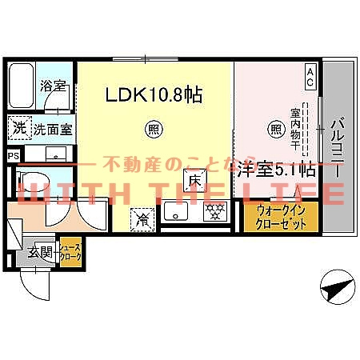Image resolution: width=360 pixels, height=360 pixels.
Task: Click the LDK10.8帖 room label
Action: click(154, 95)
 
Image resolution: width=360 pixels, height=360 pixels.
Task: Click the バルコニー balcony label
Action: click(336, 149)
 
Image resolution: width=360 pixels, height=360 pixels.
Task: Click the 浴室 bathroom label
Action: click(54, 85)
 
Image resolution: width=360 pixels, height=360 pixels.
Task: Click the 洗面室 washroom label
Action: click(51, 126)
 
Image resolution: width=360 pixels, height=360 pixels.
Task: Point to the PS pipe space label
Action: click(12, 156)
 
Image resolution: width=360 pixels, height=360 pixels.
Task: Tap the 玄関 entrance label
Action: click(40, 254)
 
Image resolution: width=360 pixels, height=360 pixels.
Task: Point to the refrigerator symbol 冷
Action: click(142, 216)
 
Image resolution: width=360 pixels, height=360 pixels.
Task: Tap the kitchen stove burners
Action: click(213, 212)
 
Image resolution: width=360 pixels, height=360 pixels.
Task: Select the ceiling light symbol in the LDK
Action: click(151, 127)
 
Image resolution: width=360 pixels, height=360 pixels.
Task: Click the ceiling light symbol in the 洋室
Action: click(276, 127)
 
